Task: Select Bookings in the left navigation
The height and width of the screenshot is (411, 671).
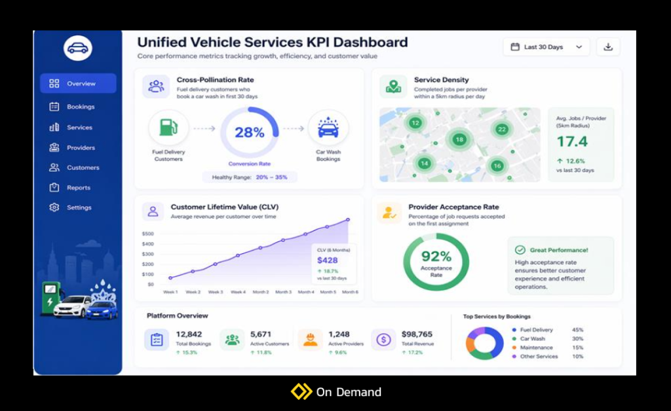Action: pyautogui.click(x=80, y=107)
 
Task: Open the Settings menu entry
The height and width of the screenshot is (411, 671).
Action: pyautogui.click(x=79, y=207)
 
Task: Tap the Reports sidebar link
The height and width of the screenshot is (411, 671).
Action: pyautogui.click(x=78, y=188)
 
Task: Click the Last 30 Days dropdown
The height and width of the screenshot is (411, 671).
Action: pyautogui.click(x=546, y=47)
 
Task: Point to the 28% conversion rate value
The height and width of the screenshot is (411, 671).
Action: pyautogui.click(x=250, y=133)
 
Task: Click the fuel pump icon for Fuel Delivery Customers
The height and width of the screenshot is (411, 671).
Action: pyautogui.click(x=168, y=127)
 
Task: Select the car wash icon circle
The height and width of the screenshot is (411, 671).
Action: pyautogui.click(x=328, y=128)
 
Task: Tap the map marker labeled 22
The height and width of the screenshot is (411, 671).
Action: pyautogui.click(x=502, y=130)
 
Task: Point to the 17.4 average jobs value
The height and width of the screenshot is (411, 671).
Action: pyautogui.click(x=572, y=141)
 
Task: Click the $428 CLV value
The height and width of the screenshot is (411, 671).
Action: pyautogui.click(x=328, y=260)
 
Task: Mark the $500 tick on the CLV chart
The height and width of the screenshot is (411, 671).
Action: pyautogui.click(x=147, y=234)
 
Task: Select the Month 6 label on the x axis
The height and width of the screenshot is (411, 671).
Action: pyautogui.click(x=350, y=292)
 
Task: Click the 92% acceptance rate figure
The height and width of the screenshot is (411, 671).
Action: pyautogui.click(x=436, y=257)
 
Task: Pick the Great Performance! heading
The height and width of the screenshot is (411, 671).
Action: pyautogui.click(x=559, y=250)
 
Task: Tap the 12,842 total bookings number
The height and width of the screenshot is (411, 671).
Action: pyautogui.click(x=189, y=334)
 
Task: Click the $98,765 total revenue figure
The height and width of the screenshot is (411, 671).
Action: pyautogui.click(x=417, y=334)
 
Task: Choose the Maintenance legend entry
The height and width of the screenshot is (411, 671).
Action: pyautogui.click(x=536, y=348)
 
